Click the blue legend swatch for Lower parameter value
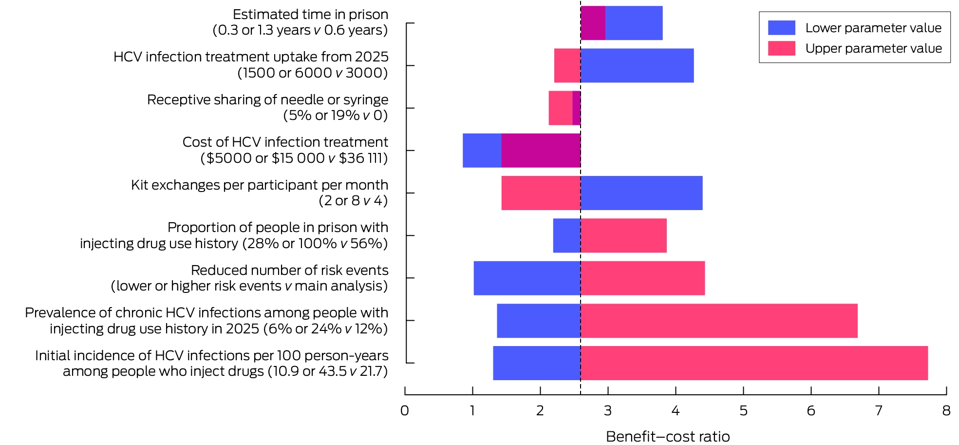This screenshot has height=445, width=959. tap(781, 28)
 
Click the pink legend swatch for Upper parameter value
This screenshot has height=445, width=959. tap(781, 48)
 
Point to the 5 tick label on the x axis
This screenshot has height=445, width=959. tap(743, 411)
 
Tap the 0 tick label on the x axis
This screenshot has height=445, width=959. tap(405, 411)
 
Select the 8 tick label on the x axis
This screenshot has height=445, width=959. tap(946, 411)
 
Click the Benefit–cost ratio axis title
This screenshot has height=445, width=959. tap(668, 436)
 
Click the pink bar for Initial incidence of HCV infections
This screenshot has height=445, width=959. tap(754, 363)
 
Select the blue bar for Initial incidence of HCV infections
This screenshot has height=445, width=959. tap(537, 363)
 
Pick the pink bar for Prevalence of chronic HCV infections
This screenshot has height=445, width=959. tap(719, 321)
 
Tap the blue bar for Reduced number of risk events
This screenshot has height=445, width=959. tap(527, 278)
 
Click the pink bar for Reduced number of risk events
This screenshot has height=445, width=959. tap(642, 278)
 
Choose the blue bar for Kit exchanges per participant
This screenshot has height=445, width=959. tap(641, 193)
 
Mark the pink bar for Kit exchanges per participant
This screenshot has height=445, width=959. tap(541, 193)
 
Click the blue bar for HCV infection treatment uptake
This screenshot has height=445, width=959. tap(637, 65)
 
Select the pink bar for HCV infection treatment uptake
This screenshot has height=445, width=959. tap(567, 65)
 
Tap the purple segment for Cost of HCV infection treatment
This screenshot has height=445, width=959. tap(541, 151)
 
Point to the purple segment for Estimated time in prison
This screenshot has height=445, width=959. tap(593, 23)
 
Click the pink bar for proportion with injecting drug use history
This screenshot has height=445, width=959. tap(623, 235)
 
